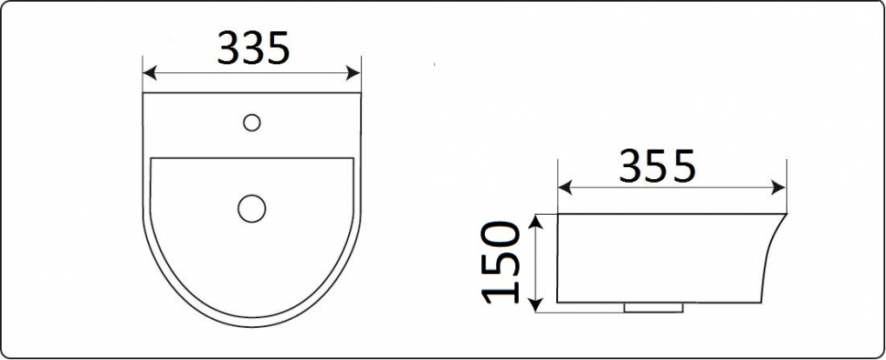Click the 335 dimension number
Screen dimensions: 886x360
253,48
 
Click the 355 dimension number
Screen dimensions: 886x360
656,166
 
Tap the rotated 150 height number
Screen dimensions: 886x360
501,263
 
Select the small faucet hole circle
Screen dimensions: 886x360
251,122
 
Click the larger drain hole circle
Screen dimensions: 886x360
251,208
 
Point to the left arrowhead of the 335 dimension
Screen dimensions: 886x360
149,73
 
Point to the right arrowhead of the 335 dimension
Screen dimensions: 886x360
353,73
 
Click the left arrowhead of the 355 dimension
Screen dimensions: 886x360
564,188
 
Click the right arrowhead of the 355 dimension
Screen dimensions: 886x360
779,188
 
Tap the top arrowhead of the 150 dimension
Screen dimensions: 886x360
536,221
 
